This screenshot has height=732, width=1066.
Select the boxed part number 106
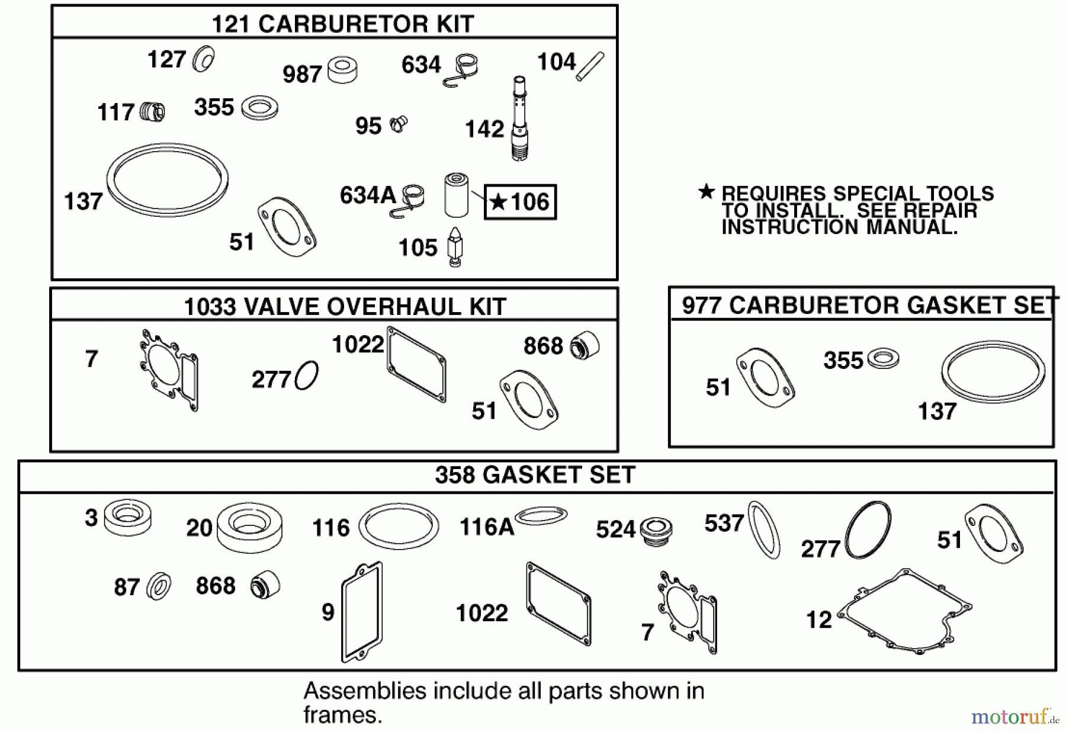pos(521,202)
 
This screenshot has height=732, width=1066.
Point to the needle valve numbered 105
pos(455,246)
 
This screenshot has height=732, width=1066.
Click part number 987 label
pos(302,75)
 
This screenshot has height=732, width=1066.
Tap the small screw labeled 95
pos(399,124)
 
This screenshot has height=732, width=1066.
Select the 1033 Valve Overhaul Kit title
pos(345,307)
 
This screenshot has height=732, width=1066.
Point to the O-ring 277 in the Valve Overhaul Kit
pos(307,375)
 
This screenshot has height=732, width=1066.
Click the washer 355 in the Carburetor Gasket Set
pos(882,358)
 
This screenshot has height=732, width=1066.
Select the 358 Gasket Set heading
pos(535,475)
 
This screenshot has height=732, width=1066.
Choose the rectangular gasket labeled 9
pos(362,611)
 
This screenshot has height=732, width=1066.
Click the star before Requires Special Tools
pos(706,191)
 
